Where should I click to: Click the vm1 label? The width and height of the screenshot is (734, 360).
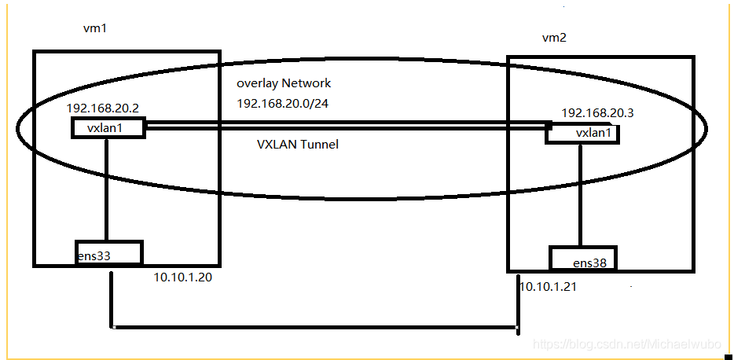pyautogui.click(x=94, y=28)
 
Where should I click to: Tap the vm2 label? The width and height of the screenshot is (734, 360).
pyautogui.click(x=554, y=38)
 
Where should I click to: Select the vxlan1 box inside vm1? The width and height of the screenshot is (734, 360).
pyautogui.click(x=108, y=128)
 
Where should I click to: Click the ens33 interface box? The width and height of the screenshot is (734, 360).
pyautogui.click(x=108, y=253)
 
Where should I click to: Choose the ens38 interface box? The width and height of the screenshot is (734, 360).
pyautogui.click(x=582, y=259)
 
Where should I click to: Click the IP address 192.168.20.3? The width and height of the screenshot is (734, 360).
pyautogui.click(x=597, y=113)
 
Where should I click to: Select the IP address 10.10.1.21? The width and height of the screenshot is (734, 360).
pyautogui.click(x=548, y=287)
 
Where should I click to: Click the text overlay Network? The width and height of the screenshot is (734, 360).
pyautogui.click(x=284, y=83)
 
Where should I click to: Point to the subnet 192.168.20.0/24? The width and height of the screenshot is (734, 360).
pyautogui.click(x=283, y=103)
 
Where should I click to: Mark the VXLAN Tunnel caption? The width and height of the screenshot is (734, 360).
pyautogui.click(x=297, y=145)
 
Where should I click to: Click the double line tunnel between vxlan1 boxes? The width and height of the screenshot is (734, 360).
pyautogui.click(x=346, y=123)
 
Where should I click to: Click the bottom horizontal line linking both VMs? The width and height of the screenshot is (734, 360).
pyautogui.click(x=314, y=326)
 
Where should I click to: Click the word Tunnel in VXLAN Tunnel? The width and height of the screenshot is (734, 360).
pyautogui.click(x=319, y=145)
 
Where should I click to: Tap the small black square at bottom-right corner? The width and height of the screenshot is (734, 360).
pyautogui.click(x=728, y=356)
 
